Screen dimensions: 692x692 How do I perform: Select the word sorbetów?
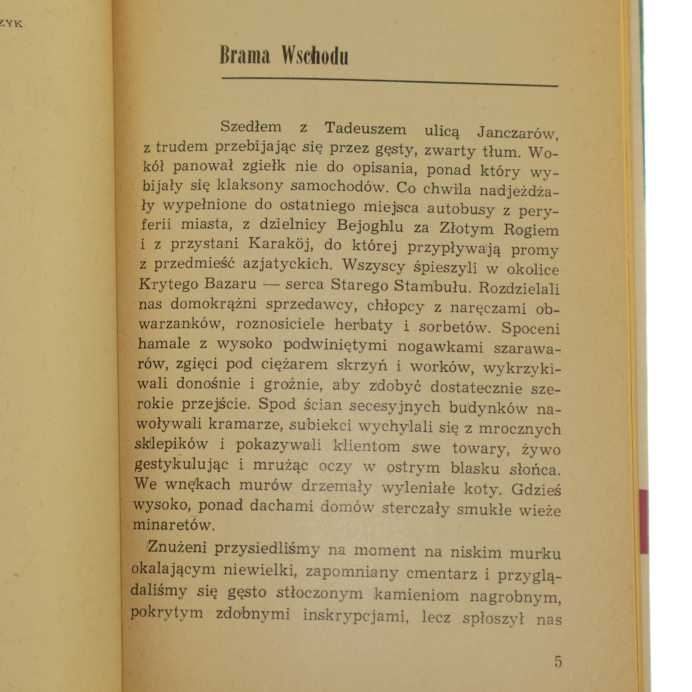coord(455,327)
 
